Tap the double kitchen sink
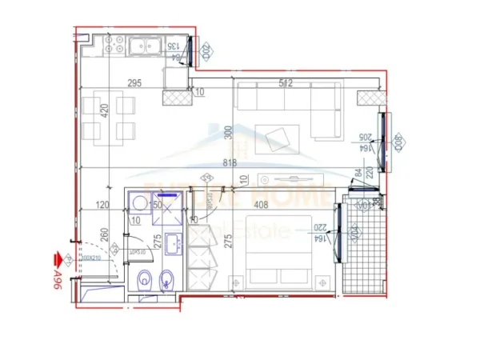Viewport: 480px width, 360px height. pos(146,46)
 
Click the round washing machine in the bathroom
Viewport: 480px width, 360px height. pos(136,203)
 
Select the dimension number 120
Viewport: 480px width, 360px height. pos(102,205)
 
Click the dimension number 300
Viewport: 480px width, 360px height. pos(227,134)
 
